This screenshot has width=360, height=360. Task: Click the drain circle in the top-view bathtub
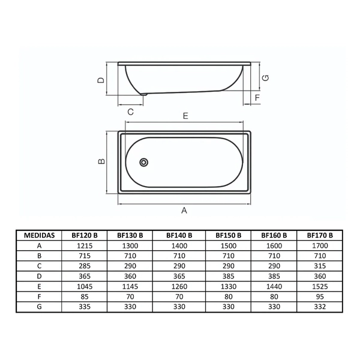(x=144, y=163)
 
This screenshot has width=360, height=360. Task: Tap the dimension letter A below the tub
(x=184, y=211)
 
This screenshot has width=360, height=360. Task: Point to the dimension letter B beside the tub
(x=101, y=161)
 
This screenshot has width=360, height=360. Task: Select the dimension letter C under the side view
(x=130, y=112)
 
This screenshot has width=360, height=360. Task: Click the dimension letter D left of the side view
(x=101, y=80)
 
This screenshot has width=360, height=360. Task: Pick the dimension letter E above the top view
(x=185, y=116)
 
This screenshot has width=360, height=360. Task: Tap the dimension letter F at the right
(x=257, y=98)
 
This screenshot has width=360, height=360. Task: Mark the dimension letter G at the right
(x=265, y=78)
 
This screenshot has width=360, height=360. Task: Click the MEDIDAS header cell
(x=39, y=235)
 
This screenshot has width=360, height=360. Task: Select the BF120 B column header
(x=85, y=235)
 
